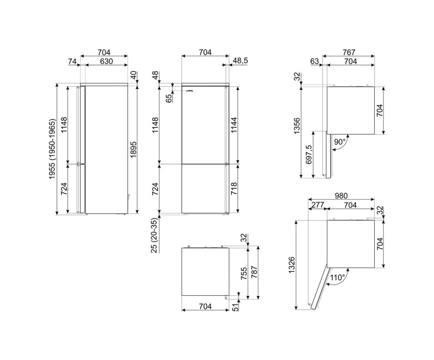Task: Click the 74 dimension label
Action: [x=72, y=61]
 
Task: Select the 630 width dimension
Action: [x=106, y=61]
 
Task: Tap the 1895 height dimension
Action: [x=134, y=150]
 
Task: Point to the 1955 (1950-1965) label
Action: [x=53, y=149]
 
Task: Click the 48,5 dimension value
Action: [x=240, y=61]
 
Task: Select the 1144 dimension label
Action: [x=234, y=125]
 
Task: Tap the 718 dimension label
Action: [x=234, y=188]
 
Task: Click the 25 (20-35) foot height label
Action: [x=155, y=235]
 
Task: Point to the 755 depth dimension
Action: [x=244, y=274]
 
